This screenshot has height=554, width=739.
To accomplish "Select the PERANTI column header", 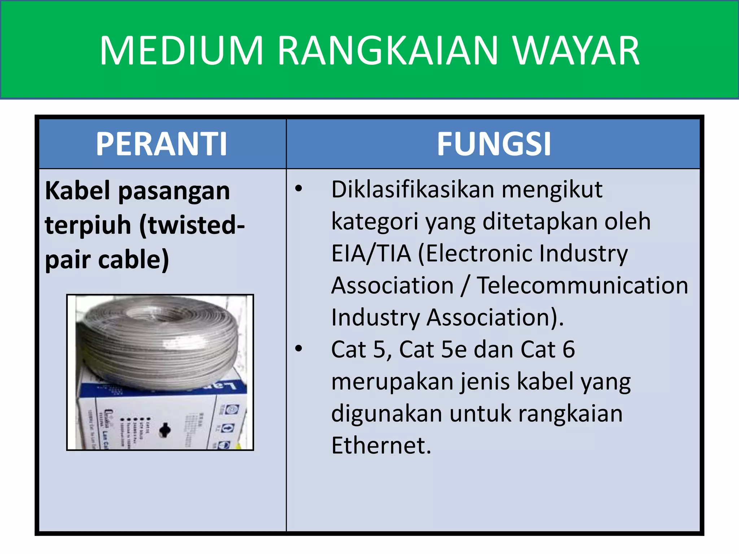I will pyautogui.click(x=161, y=144).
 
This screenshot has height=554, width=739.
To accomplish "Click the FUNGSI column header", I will pyautogui.click(x=494, y=144).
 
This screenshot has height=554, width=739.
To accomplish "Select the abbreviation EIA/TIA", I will pyautogui.click(x=371, y=253).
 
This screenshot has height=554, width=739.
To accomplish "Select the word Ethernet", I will pyautogui.click(x=381, y=445).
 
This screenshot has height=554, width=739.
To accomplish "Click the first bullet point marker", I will pyautogui.click(x=298, y=189).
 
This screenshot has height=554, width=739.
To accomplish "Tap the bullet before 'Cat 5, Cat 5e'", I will pyautogui.click(x=298, y=348).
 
